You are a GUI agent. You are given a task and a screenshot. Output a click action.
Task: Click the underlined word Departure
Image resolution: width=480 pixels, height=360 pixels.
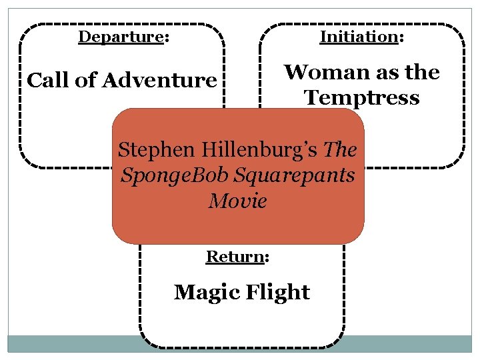(x=121, y=37)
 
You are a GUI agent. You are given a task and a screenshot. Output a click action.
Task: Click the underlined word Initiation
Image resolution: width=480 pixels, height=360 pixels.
(x=359, y=37)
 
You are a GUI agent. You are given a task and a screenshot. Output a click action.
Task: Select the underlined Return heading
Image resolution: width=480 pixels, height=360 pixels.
(x=235, y=256)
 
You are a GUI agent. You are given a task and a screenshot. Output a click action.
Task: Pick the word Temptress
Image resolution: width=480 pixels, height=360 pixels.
(x=362, y=98)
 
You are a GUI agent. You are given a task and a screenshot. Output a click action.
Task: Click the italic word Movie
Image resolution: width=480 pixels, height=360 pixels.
(x=237, y=200)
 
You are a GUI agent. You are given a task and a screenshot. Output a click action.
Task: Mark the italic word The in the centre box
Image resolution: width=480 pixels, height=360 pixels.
(x=340, y=149)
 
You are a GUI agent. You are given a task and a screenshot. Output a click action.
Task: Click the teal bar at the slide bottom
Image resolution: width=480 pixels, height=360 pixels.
(x=240, y=343)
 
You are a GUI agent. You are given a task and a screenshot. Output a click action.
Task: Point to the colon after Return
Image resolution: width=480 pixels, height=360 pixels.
(x=267, y=257)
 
